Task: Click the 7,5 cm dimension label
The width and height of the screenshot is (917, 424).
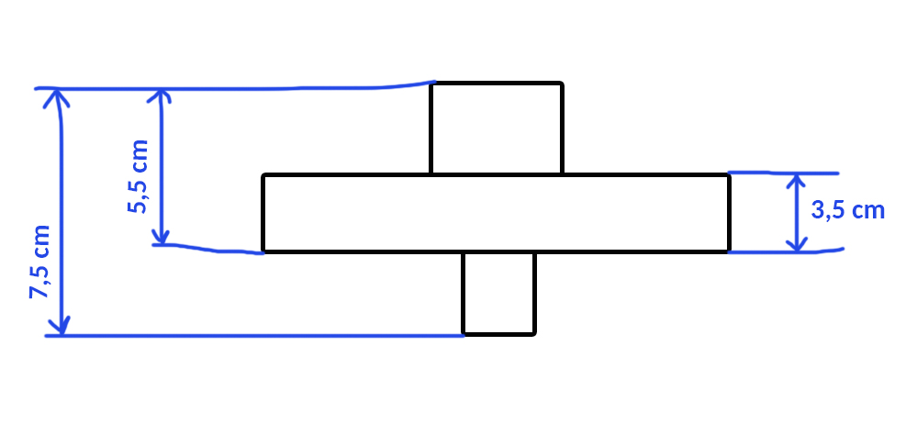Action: point(40,262)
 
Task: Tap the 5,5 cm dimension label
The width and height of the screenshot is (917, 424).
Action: point(138,176)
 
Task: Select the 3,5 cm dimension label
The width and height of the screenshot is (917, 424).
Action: point(848,210)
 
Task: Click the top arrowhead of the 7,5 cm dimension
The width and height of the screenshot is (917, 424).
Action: point(56,96)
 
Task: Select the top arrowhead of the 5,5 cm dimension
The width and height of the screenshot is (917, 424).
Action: point(159,96)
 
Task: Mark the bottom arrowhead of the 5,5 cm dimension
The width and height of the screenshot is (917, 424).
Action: point(162,236)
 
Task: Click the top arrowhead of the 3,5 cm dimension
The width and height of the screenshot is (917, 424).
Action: point(795,182)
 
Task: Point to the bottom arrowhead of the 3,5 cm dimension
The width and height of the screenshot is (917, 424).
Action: point(797,244)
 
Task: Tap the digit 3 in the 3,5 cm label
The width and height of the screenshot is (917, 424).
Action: point(818,210)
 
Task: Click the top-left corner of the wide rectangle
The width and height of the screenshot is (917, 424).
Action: point(263,175)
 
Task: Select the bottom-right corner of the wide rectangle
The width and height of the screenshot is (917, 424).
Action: point(730,252)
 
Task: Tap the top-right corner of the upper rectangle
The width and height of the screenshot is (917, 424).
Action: point(562,84)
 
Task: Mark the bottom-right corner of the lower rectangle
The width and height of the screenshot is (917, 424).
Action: point(534,335)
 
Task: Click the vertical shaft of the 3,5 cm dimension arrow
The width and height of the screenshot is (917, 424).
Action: point(796,213)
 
